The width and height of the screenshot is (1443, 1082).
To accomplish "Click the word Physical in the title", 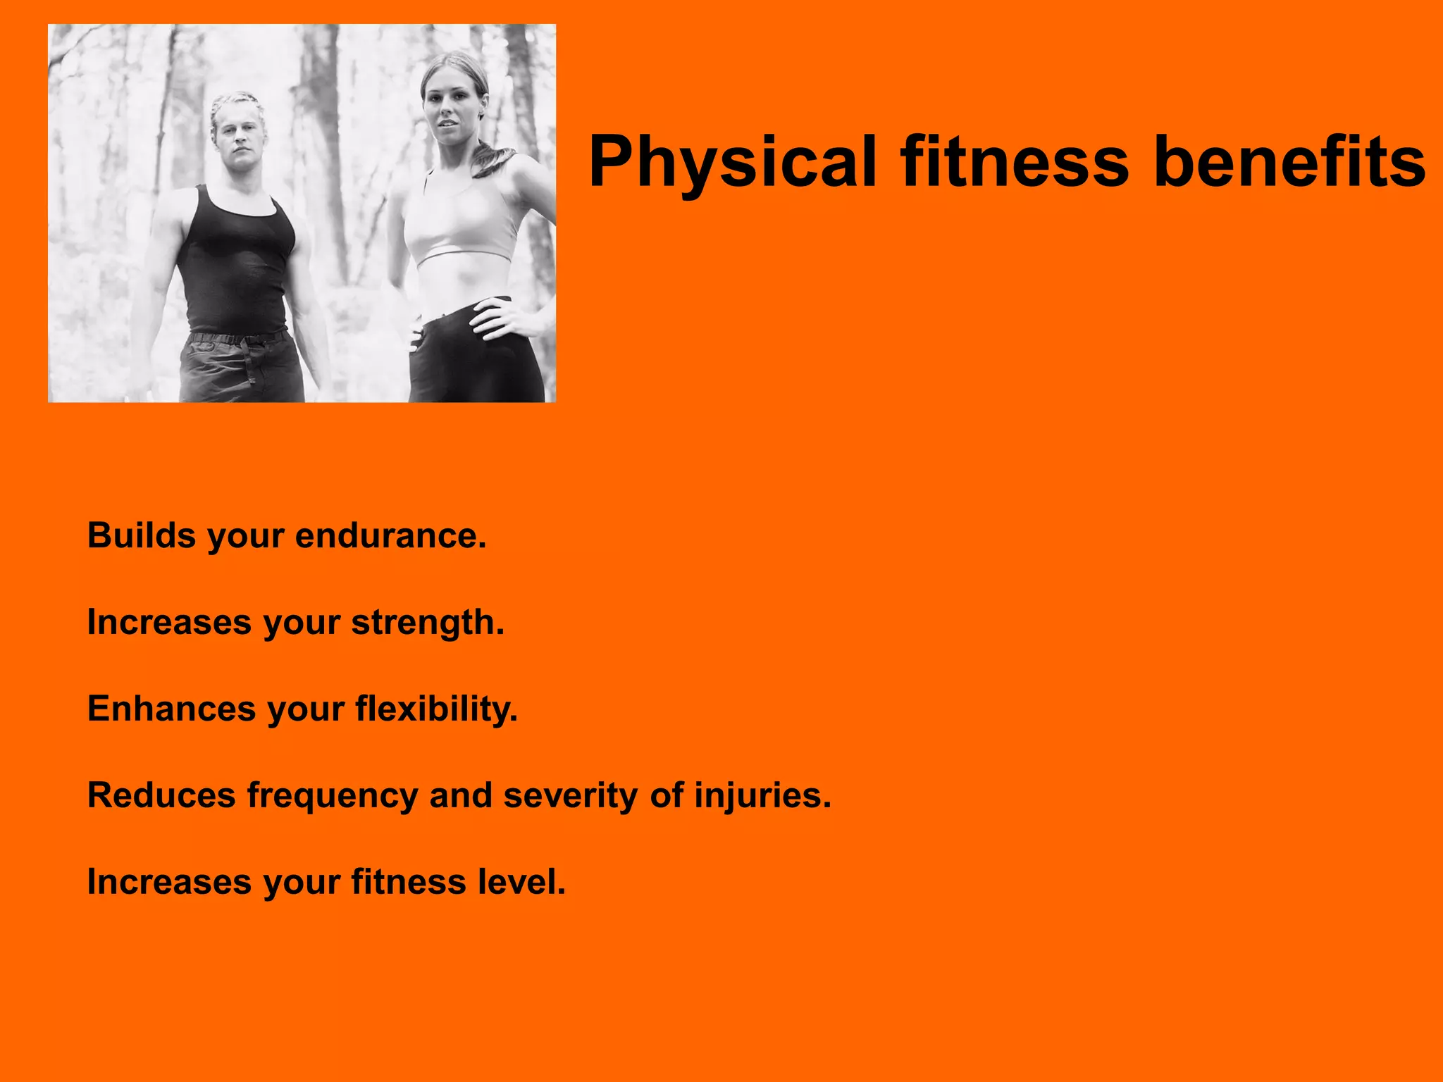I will pos(733,163).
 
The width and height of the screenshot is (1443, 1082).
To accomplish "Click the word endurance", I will pos(390,535).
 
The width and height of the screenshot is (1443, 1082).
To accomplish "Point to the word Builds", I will pos(141,535).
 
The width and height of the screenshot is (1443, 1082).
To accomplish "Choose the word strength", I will pos(427,623).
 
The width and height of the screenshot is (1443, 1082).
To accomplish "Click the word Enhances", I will pos(171,709).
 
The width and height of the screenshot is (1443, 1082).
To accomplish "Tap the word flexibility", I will pos(436,709).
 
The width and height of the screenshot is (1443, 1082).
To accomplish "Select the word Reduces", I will pos(161,795).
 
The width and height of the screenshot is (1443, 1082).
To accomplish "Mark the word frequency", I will pos(333,797).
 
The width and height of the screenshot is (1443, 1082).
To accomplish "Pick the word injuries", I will pos(762,795).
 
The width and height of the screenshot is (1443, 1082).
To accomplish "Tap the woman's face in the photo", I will pos(452,113).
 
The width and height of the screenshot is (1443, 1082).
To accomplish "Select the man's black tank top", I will pos(236,261).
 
